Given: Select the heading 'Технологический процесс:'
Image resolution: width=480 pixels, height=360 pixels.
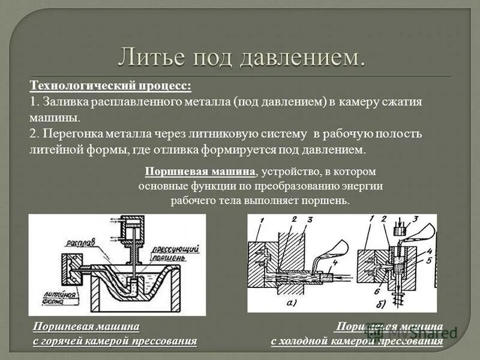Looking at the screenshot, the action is (x=111, y=86).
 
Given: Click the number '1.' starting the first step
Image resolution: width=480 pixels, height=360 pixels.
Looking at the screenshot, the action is (x=34, y=102).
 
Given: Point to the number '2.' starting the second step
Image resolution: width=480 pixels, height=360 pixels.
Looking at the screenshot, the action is (x=34, y=133).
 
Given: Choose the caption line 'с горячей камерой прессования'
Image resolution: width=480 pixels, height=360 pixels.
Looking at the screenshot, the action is (x=115, y=341).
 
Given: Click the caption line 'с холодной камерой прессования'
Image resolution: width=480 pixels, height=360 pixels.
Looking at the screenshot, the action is (x=356, y=342).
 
